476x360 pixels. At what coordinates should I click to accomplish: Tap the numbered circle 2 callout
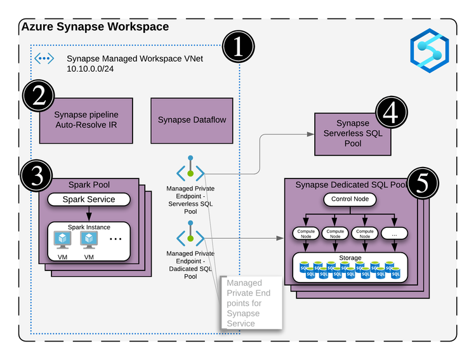pos(38,97)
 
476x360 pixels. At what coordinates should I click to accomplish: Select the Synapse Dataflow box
pos(192,120)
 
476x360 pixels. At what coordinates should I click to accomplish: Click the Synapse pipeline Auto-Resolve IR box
pos(86,120)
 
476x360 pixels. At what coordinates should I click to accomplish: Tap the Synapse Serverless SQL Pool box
pos(352,133)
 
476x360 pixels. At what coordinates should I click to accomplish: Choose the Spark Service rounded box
pos(88,199)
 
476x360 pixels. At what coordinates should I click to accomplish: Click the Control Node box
pos(350,199)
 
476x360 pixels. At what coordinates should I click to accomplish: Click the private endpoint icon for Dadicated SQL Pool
pos(190,236)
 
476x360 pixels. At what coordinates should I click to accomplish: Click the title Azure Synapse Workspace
pos(95,27)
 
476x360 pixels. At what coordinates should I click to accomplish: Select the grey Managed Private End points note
pos(251,302)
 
